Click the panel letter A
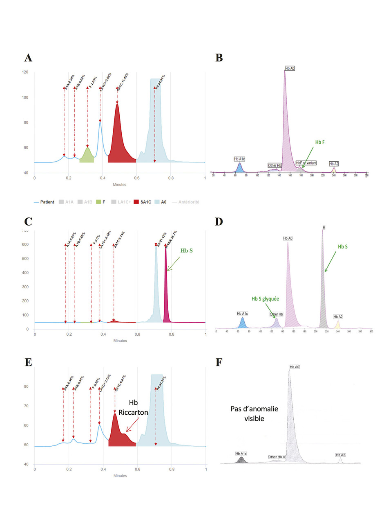coord(28,58)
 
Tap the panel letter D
coord(219,221)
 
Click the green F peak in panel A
coord(87,156)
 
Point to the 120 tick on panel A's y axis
coord(25,72)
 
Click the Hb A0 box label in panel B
coord(290,69)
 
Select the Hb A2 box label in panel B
coord(334,164)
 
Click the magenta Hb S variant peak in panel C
coord(166,295)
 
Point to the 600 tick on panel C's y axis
coord(25,245)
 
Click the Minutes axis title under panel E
coord(120,476)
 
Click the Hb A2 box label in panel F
coord(340,455)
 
